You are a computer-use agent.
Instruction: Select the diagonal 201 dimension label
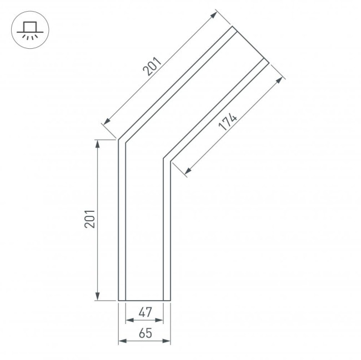(x=151, y=65)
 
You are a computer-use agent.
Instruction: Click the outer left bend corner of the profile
(x=118, y=139)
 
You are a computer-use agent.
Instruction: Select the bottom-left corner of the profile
(x=118, y=301)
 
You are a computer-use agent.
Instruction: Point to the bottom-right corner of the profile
(x=170, y=301)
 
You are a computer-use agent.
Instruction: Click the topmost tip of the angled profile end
(x=232, y=27)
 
